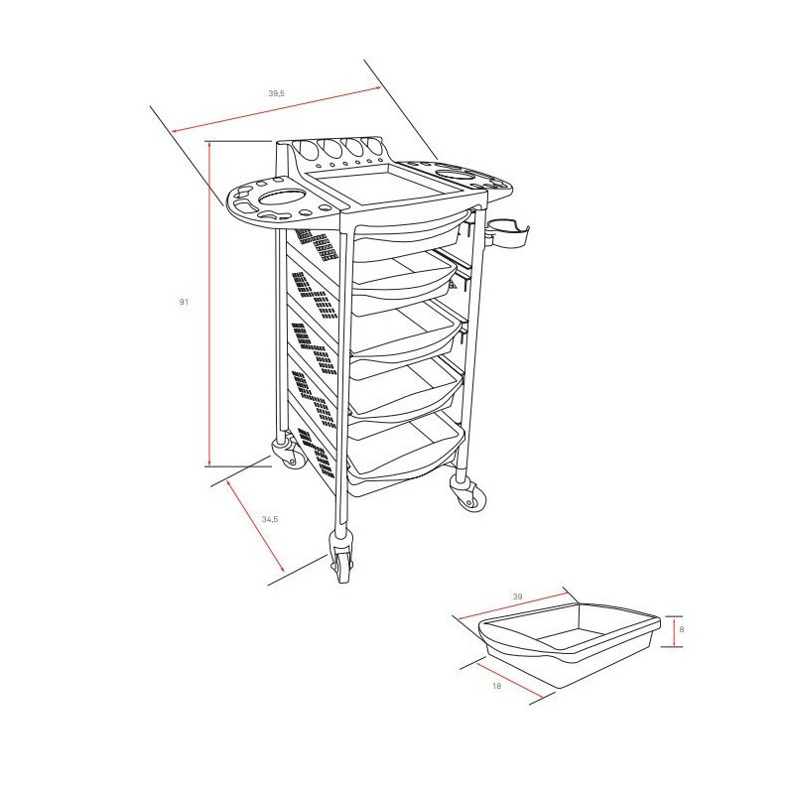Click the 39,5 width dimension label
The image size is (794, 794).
(277, 93)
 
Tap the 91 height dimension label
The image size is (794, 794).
(184, 302)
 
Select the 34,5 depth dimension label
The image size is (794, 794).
(270, 519)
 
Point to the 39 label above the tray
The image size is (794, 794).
(517, 596)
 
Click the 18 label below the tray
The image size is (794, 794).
(497, 686)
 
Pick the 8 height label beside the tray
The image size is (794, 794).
(682, 629)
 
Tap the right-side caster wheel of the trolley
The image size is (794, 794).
(468, 493)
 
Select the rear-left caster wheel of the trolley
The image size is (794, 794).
(288, 453)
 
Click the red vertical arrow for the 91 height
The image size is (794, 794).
(208, 304)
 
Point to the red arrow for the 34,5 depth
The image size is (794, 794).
(256, 527)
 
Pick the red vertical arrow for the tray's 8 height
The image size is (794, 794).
(674, 631)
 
